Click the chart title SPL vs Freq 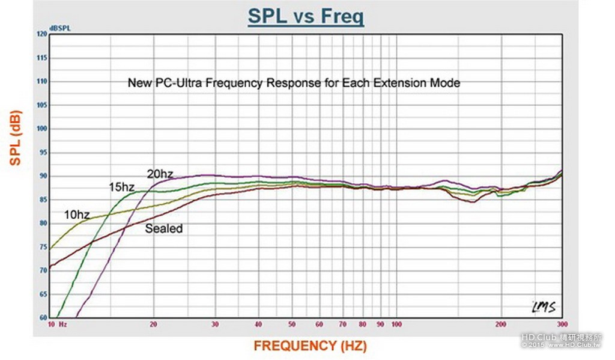click(306, 16)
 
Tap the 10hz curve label click(77, 214)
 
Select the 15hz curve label click(121, 187)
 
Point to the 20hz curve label click(160, 174)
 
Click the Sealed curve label click(163, 228)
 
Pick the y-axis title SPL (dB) click(17, 138)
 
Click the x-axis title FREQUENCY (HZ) click(310, 346)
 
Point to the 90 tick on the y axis click(43, 176)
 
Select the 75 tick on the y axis click(43, 247)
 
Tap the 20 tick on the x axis click(154, 324)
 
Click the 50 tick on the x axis click(294, 324)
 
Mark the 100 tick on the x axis click(396, 324)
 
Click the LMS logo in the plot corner click(543, 307)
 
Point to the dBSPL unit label click(60, 28)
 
